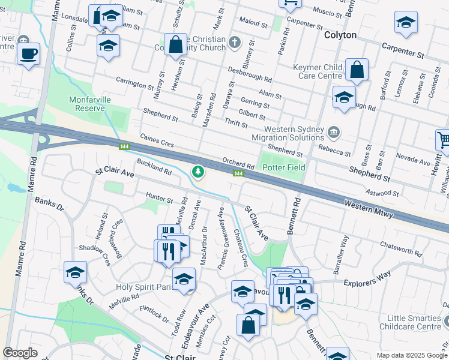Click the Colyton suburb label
coord(340,35)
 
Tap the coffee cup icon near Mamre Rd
coord(28,54)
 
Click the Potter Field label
coord(284,167)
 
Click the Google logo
coord(20,353)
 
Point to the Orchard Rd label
coord(238,163)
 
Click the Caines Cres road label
coord(157,142)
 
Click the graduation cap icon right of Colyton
coord(406,24)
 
